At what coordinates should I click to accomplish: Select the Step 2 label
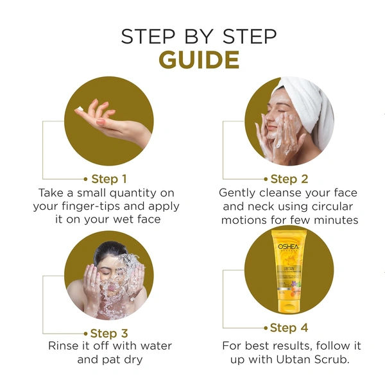(289, 178)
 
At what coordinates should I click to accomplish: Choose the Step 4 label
(289, 328)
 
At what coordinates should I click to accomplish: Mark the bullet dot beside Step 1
(85, 178)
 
